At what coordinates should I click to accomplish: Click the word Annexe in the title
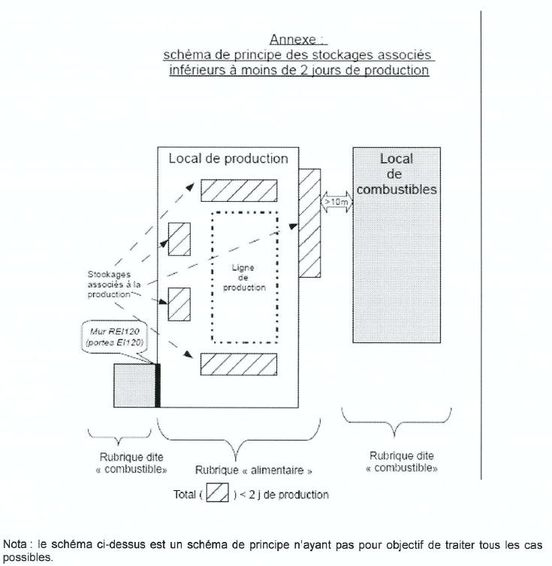(x=293, y=39)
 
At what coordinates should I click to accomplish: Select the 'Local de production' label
(x=228, y=159)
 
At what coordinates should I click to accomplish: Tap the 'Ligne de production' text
(x=244, y=278)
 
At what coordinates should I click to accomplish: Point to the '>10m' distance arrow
(x=336, y=202)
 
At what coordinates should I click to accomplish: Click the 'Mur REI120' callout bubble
(x=115, y=337)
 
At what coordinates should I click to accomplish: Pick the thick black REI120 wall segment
(x=158, y=386)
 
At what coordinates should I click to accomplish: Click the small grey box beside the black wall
(x=134, y=386)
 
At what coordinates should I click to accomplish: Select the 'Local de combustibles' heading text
(x=397, y=174)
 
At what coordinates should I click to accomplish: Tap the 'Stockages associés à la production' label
(x=114, y=285)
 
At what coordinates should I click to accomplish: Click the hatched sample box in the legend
(x=217, y=492)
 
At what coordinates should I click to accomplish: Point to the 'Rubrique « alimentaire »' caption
(x=254, y=471)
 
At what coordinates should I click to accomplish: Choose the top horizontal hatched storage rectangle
(x=239, y=190)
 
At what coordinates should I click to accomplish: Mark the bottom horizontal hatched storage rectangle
(x=239, y=364)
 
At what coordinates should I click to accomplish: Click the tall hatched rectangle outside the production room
(x=309, y=223)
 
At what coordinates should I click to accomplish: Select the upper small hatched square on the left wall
(x=179, y=239)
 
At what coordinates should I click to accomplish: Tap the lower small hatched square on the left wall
(x=179, y=304)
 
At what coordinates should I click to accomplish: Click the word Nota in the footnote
(x=14, y=544)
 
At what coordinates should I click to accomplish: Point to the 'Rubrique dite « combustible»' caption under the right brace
(x=402, y=462)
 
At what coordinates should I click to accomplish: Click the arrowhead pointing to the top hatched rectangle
(x=190, y=186)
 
